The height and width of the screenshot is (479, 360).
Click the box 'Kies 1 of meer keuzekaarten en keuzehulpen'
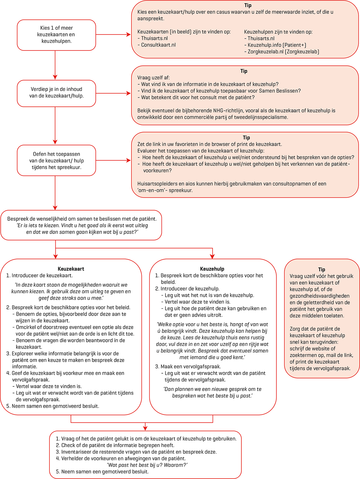coord(56,35)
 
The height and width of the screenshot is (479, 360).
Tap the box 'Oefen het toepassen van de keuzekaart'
coord(56,160)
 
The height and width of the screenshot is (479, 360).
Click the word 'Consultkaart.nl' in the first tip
coord(158,45)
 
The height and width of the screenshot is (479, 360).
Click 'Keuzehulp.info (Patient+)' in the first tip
coord(277,45)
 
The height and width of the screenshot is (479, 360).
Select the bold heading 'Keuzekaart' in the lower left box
coord(71,269)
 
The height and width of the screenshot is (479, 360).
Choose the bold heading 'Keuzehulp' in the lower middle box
coord(212,269)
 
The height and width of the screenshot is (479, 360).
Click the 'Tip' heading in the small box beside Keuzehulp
coord(321,269)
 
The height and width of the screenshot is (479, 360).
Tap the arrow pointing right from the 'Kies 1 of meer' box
coord(128,34)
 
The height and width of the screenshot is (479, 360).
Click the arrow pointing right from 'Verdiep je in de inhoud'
coord(128,93)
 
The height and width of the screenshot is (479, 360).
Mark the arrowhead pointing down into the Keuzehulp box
coord(212,256)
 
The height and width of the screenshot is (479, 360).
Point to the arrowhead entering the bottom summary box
coord(145,428)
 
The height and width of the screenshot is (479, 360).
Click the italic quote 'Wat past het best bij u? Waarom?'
coord(147,465)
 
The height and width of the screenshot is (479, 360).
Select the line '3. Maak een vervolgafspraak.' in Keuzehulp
coord(188,366)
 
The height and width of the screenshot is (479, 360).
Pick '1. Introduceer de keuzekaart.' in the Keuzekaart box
coord(40,275)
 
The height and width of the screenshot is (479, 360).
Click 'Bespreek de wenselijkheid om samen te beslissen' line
coord(82,219)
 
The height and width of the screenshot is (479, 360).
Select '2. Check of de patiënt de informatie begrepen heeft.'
coord(115,445)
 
